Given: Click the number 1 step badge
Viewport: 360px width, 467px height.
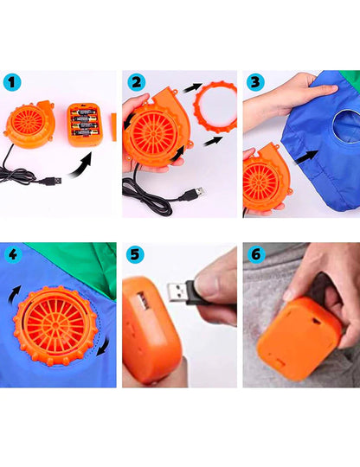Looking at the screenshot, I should click(x=12, y=84).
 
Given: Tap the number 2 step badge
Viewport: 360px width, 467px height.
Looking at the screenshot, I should click(x=135, y=84).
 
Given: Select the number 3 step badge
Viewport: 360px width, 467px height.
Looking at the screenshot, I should click(x=254, y=84).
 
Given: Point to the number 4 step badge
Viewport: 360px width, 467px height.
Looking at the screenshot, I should click(x=12, y=256).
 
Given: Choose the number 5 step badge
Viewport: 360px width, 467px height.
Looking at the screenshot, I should click(x=135, y=256).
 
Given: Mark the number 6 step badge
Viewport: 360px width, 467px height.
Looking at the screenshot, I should click(x=254, y=256).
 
